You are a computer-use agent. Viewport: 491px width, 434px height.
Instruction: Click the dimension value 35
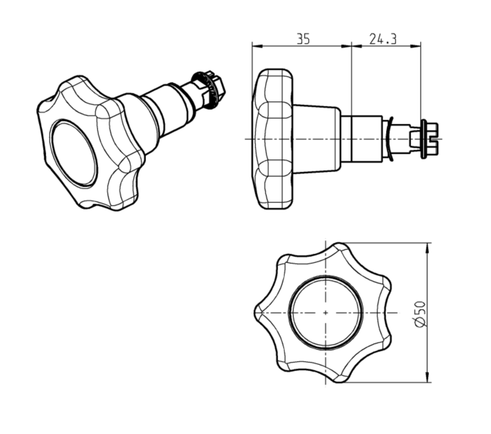pos(303,39)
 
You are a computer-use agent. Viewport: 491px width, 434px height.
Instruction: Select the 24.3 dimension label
pos(383,39)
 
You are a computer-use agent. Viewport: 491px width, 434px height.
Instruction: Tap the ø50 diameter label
pos(421,313)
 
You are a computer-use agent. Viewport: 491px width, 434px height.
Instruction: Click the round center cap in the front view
pos(326,313)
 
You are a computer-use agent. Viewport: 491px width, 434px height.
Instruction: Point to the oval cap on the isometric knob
pos(74,152)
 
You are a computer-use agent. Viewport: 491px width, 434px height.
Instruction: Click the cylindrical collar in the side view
pos(362,139)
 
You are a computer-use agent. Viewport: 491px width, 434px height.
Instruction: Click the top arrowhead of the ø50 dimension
pos(427,247)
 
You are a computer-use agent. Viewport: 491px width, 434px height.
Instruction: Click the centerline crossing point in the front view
pos(326,313)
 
